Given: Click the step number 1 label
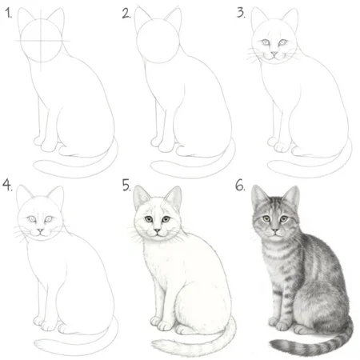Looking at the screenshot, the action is (9, 13).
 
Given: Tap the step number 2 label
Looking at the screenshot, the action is (126, 14).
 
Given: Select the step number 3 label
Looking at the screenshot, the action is (241, 13).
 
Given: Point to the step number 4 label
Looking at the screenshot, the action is (7, 185).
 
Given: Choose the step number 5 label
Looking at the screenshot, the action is (126, 185).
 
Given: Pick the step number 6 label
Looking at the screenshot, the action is (240, 185).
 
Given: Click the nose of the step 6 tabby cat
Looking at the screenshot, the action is (274, 230).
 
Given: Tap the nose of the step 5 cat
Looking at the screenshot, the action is (158, 230).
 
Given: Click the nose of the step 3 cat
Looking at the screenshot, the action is (274, 54).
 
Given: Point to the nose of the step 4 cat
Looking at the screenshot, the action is (40, 230).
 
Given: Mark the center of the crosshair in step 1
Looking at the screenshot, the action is (41, 41).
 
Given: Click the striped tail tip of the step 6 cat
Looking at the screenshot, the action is (272, 343).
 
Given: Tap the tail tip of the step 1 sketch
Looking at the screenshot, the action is (36, 166).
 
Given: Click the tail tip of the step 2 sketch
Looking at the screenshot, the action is (153, 166).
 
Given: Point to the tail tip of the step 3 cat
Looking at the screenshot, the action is (270, 166).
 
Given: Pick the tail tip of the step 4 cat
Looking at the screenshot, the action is (37, 343).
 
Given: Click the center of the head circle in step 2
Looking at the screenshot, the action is (158, 42).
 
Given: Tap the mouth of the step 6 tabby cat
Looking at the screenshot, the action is (274, 234).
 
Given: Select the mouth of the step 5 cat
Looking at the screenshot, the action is (158, 234).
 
